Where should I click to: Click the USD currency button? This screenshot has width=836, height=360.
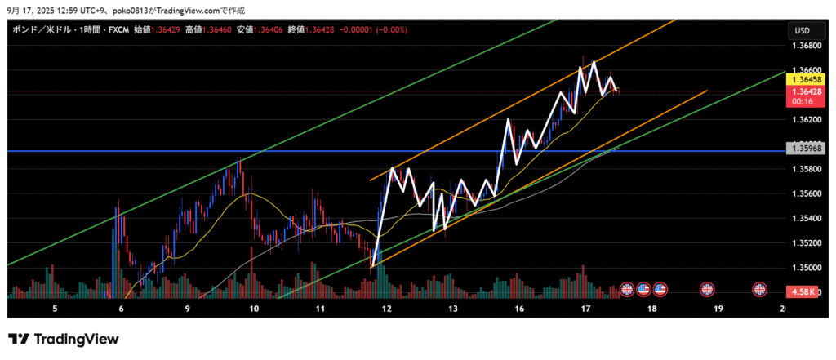(802, 30)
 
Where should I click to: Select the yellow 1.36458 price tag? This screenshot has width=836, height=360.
(803, 80)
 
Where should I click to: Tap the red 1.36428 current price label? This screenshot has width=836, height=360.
(803, 92)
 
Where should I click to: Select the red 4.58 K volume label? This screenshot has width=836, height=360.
(802, 291)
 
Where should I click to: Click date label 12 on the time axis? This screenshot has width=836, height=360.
(386, 309)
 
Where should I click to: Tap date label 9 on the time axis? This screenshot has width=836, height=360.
(187, 309)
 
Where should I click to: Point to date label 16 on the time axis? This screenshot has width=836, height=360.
(519, 309)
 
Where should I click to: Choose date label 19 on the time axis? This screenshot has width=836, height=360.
(718, 309)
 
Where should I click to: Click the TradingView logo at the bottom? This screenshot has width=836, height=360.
(64, 339)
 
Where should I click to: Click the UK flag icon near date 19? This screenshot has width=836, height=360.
(708, 289)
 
